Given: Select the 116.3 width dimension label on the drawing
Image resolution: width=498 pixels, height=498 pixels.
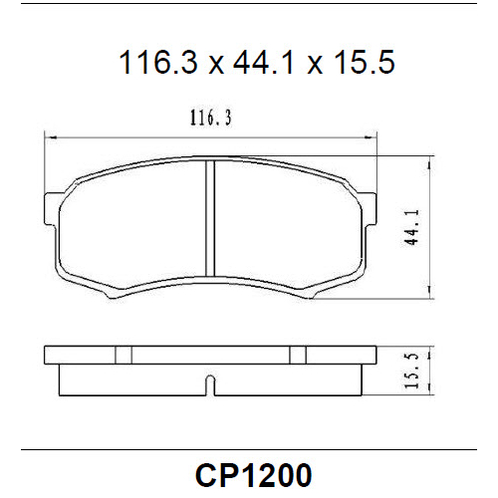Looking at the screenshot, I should (x=210, y=120).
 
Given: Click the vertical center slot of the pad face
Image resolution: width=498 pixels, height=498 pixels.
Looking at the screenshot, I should (x=210, y=220).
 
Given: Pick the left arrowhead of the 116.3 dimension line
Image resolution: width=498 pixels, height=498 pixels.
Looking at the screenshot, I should (x=50, y=136).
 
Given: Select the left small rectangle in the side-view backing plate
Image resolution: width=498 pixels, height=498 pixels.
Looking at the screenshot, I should (x=124, y=354).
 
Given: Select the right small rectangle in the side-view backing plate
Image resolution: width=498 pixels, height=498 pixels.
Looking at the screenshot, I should (x=297, y=354).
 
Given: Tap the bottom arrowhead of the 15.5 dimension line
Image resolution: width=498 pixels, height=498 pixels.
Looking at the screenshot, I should (x=428, y=391).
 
